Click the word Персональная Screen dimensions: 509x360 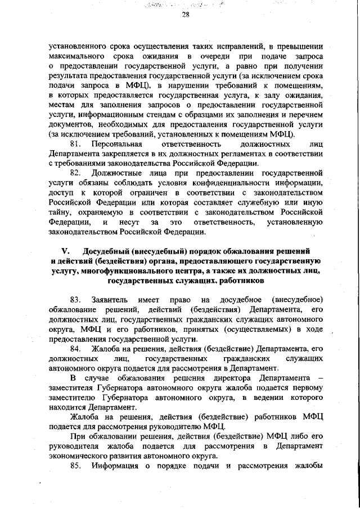point(119,145)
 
